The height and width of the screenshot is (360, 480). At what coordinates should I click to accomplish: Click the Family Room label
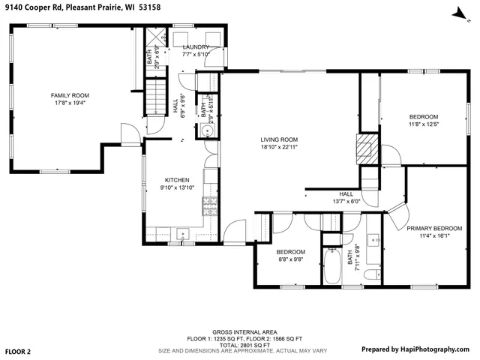point(70,95)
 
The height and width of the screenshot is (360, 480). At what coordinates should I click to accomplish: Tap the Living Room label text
point(279,139)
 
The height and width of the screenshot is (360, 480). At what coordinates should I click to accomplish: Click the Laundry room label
point(196,46)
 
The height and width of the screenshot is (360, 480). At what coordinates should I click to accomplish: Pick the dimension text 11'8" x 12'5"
point(423,124)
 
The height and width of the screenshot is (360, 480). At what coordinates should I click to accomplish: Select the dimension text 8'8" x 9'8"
point(290,259)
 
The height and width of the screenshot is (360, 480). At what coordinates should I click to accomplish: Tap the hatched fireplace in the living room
point(365,149)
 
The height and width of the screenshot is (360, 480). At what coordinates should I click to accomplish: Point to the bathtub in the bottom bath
point(333,268)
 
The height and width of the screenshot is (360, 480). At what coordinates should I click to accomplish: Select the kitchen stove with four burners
point(211,209)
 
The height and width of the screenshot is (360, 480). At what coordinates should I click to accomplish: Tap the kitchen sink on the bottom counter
point(181,235)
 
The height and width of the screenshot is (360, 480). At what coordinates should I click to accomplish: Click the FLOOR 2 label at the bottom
point(18,350)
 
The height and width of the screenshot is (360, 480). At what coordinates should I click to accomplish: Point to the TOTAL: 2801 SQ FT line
point(239,344)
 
